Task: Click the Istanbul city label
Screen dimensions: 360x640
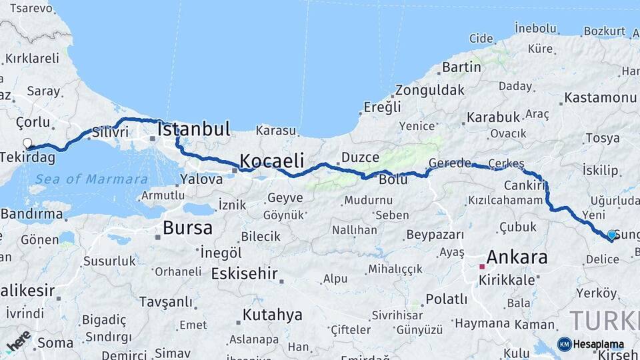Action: (x=194, y=129)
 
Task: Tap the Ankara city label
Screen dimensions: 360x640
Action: (x=517, y=257)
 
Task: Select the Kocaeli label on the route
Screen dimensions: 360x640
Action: (x=271, y=161)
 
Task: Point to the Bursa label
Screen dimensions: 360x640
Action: (x=187, y=228)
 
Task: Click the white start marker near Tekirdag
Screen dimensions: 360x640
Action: (x=27, y=143)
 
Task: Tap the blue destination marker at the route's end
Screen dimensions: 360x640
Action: (x=611, y=235)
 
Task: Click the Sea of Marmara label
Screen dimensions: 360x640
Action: (x=91, y=179)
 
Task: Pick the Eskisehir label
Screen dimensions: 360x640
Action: (x=244, y=273)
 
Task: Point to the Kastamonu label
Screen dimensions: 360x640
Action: (x=600, y=98)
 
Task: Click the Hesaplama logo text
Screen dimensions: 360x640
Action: (x=599, y=345)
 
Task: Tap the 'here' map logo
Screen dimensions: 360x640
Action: (x=18, y=341)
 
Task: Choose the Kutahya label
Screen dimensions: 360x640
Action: (x=272, y=315)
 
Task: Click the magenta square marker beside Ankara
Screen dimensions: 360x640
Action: (x=482, y=266)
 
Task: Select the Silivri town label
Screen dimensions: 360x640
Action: (x=110, y=131)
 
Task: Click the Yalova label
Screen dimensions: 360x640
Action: (x=201, y=179)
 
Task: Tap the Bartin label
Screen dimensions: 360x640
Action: (x=461, y=67)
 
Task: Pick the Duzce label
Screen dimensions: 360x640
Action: (x=360, y=158)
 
